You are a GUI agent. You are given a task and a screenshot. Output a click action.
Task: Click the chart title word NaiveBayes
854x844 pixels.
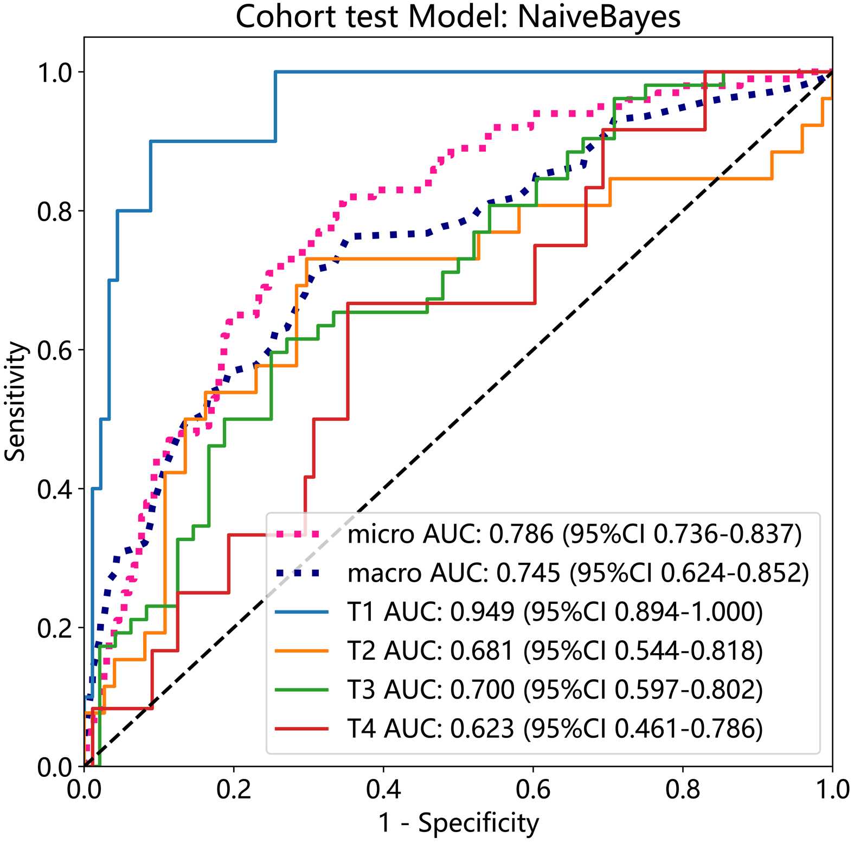pyautogui.click(x=599, y=17)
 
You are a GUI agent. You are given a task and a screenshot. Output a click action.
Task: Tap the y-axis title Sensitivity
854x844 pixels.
pyautogui.click(x=15, y=401)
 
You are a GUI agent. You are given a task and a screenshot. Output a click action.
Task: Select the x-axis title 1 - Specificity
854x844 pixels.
pyautogui.click(x=458, y=823)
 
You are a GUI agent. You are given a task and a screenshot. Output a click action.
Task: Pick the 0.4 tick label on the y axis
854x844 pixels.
pyautogui.click(x=54, y=489)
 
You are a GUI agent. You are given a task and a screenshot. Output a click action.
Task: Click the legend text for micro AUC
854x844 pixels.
pyautogui.click(x=574, y=534)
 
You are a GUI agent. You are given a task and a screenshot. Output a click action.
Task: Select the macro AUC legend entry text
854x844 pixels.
pyautogui.click(x=578, y=573)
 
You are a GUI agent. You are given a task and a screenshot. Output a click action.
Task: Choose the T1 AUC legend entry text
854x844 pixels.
pyautogui.click(x=555, y=612)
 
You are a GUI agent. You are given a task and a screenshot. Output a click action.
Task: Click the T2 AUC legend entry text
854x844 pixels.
pyautogui.click(x=555, y=651)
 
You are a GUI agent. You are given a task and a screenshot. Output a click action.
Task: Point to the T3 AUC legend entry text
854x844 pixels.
pyautogui.click(x=555, y=690)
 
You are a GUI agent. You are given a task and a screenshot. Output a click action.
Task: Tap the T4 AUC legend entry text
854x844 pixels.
pyautogui.click(x=555, y=729)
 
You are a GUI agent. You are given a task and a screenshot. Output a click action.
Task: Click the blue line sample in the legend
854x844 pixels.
pyautogui.click(x=301, y=612)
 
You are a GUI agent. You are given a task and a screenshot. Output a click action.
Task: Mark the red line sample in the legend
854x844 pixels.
pyautogui.click(x=301, y=729)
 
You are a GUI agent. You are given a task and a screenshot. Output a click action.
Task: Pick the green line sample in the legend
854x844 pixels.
pyautogui.click(x=301, y=690)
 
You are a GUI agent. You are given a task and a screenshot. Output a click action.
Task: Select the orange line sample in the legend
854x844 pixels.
pyautogui.click(x=301, y=651)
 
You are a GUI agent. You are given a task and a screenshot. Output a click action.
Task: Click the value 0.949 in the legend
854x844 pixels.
pyautogui.click(x=482, y=612)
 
